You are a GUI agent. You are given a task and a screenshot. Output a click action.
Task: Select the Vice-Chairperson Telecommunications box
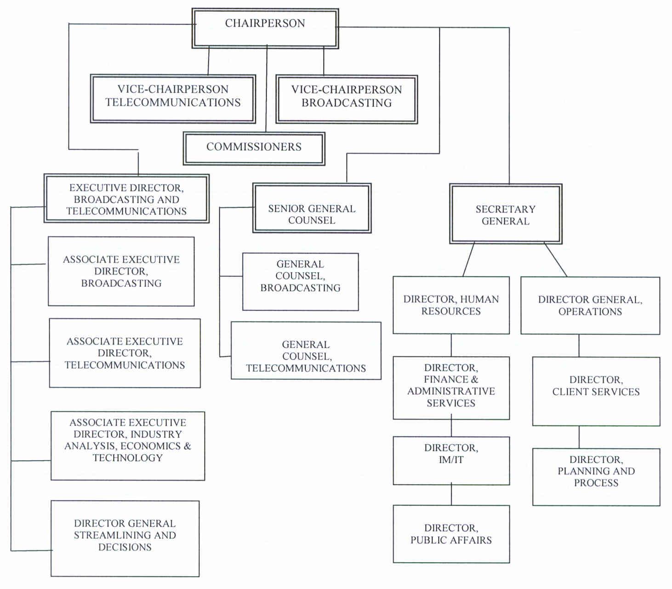click(x=173, y=99)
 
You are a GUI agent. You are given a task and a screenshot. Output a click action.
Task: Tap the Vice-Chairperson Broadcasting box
click(x=347, y=99)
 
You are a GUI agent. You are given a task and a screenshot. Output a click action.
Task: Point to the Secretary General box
click(x=506, y=214)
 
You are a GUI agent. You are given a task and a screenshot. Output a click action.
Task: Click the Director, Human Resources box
click(x=451, y=305)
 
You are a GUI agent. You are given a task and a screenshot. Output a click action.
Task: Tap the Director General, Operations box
click(x=590, y=305)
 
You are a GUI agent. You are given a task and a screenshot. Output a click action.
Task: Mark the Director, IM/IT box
click(x=451, y=460)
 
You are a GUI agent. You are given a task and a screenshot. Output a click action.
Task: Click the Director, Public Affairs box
click(x=451, y=534)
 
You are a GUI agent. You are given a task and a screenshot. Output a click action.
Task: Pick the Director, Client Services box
click(x=596, y=391)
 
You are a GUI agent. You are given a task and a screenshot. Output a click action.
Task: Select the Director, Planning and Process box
click(x=596, y=477)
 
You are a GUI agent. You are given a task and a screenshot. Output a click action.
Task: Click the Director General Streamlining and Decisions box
click(x=125, y=538)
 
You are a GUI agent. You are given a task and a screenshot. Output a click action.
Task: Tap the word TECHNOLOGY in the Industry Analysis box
click(x=128, y=458)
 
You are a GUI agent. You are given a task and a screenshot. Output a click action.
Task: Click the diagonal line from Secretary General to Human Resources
click(x=468, y=260)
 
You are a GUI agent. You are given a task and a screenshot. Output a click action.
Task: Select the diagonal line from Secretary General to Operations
click(x=555, y=260)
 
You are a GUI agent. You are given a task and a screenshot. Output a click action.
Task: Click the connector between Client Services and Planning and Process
click(x=579, y=437)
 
